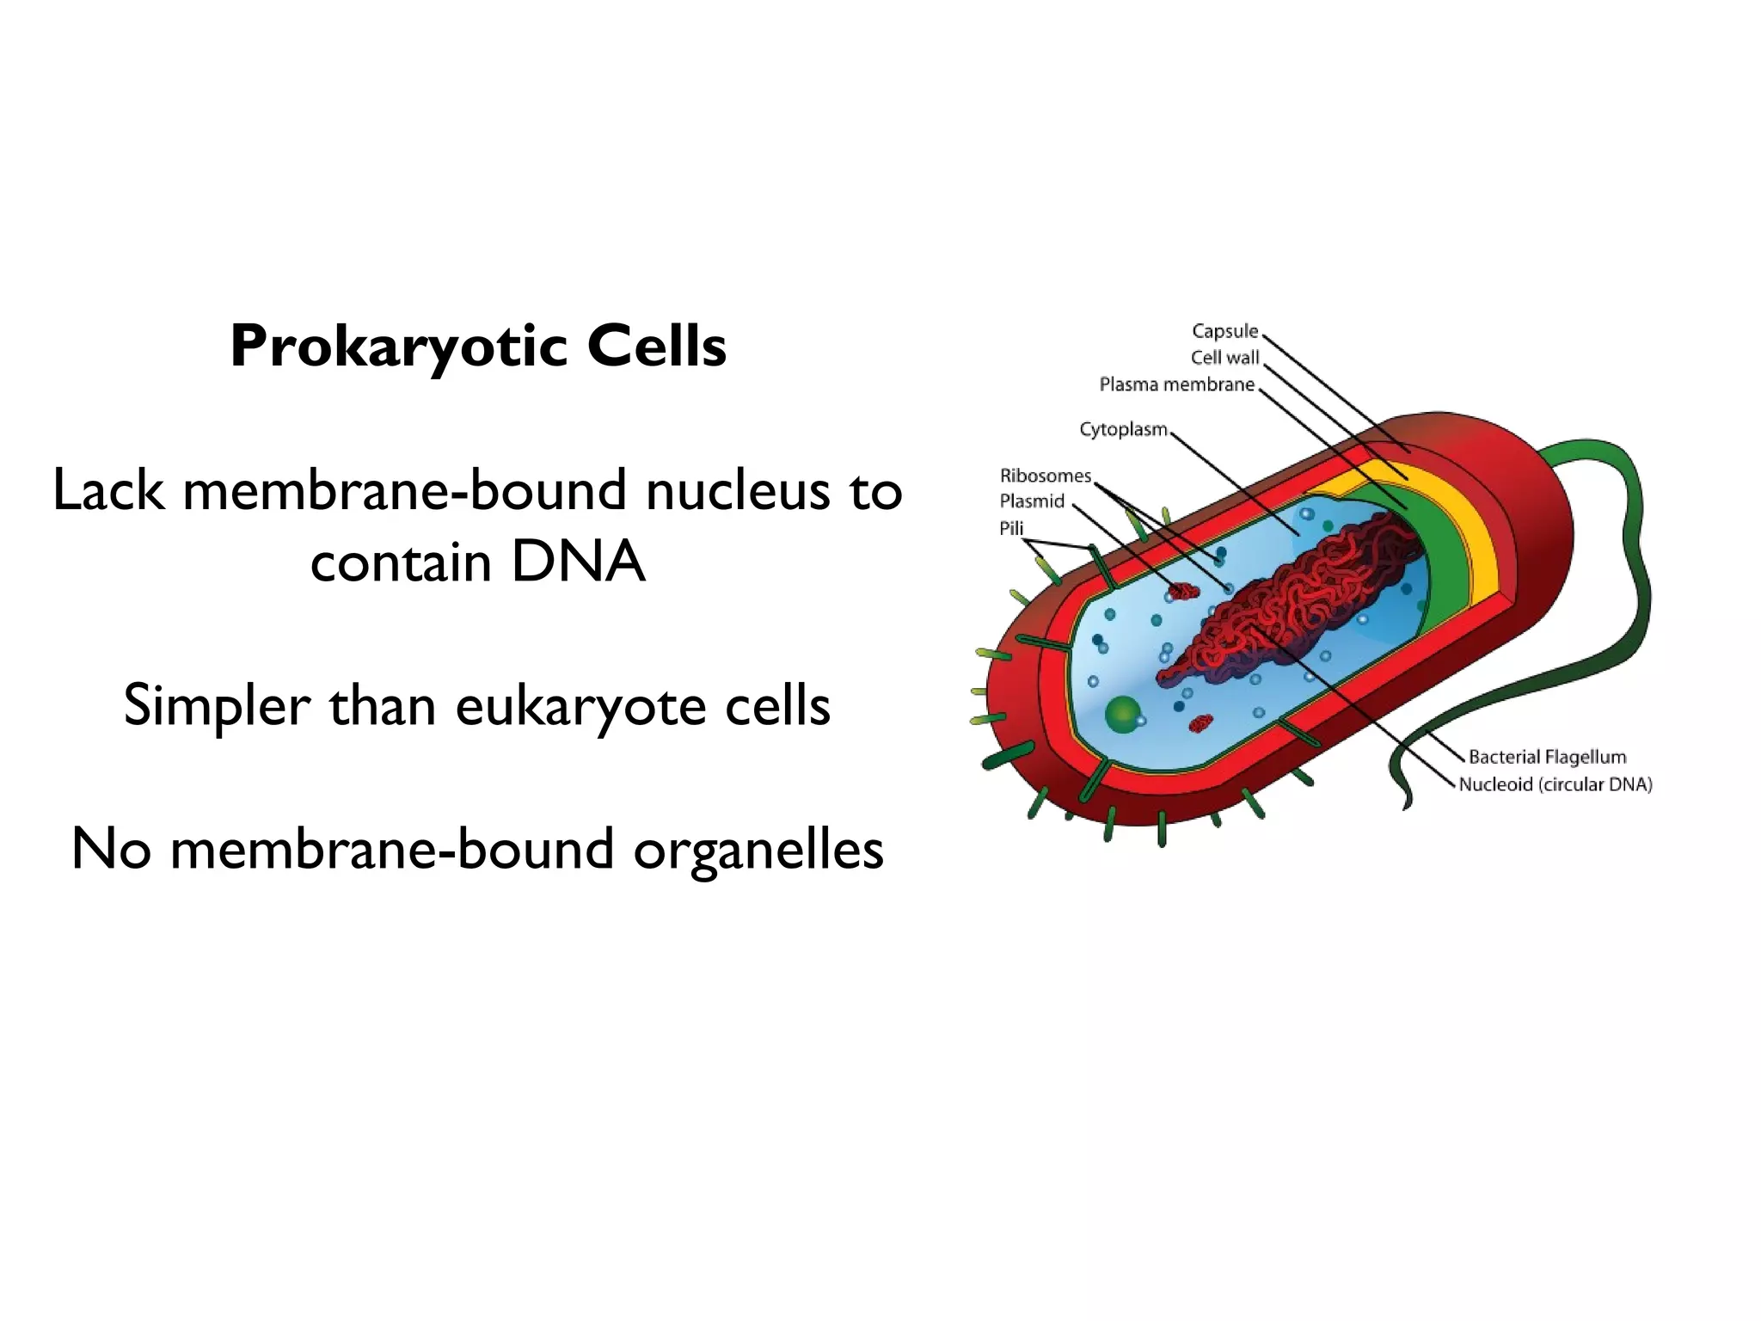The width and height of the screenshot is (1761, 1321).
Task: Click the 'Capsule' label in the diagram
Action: pos(1224,331)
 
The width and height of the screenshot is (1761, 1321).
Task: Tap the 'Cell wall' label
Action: pos(1224,358)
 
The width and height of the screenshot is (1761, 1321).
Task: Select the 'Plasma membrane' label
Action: pos(1176,384)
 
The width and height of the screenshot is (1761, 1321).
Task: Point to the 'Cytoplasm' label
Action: pos(1123,429)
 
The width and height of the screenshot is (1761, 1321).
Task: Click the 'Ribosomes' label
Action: pos(1045,476)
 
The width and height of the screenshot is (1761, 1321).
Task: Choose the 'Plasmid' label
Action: pos(1032,501)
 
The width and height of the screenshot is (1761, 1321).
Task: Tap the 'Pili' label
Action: pos(1011,528)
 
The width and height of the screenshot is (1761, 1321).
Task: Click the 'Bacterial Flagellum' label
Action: pos(1547,757)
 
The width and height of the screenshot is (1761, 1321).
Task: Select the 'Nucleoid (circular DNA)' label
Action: pos(1555,784)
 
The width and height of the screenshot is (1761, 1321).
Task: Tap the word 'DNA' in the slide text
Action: pos(577,562)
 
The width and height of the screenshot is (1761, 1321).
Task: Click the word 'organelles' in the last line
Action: pos(758,850)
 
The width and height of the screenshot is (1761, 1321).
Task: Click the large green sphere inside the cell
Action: pos(1122,714)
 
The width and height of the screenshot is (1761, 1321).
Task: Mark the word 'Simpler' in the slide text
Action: pos(217,706)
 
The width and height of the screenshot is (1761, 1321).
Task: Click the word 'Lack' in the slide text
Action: pos(108,491)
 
